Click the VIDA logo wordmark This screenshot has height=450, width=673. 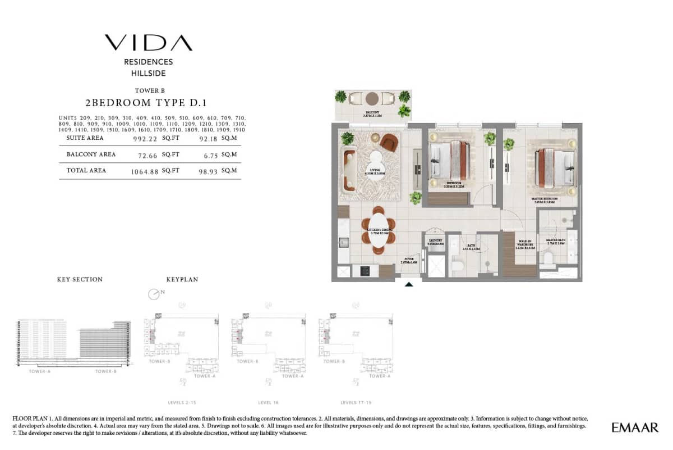[148, 43]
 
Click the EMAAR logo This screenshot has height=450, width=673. [635, 428]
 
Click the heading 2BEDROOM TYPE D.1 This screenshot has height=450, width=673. [146, 103]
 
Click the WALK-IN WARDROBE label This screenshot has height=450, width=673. [526, 243]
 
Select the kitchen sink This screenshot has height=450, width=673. [342, 242]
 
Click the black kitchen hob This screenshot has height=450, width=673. [366, 271]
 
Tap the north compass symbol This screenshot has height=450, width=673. [154, 294]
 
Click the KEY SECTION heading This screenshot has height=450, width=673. [80, 279]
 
